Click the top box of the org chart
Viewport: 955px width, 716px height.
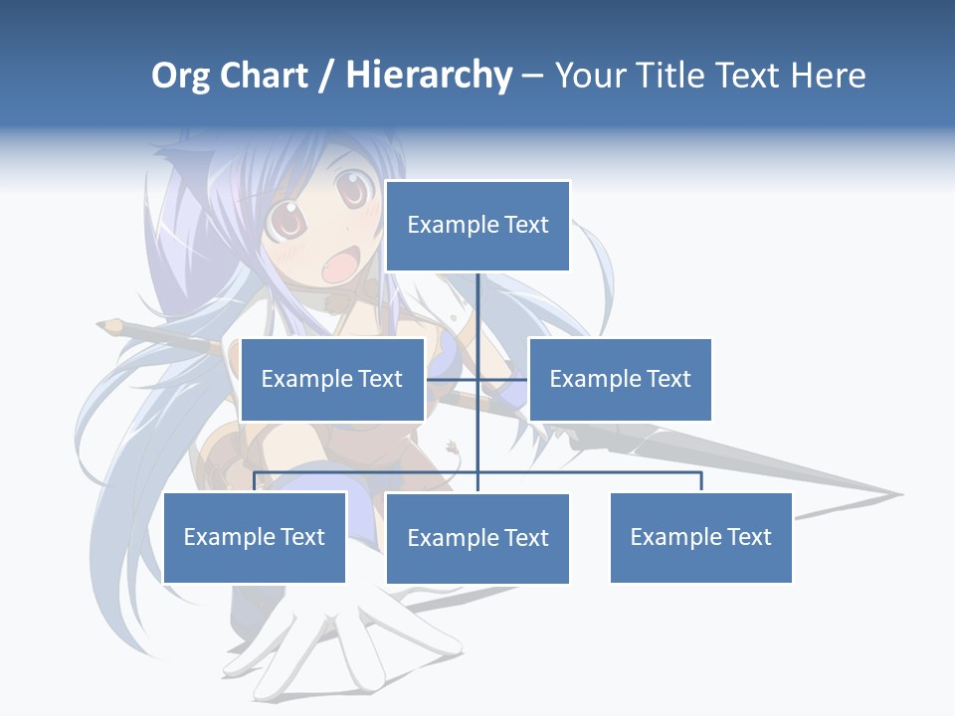(x=477, y=226)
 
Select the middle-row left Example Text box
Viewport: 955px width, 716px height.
(x=332, y=379)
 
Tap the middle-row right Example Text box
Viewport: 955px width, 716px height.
(x=620, y=379)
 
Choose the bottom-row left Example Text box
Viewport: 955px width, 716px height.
(x=255, y=537)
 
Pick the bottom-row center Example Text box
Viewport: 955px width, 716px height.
(x=477, y=538)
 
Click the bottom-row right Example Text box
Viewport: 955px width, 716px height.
(x=700, y=537)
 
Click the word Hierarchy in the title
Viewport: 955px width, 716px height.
(x=429, y=76)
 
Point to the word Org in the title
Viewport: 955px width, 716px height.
(x=181, y=77)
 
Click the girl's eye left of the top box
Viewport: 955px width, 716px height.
(x=350, y=188)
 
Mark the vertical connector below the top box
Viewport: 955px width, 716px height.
(x=477, y=303)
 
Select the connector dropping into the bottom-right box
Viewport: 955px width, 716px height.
(x=700, y=481)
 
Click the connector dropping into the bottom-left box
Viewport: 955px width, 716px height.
(x=255, y=481)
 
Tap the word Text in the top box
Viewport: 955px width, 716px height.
(x=525, y=226)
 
